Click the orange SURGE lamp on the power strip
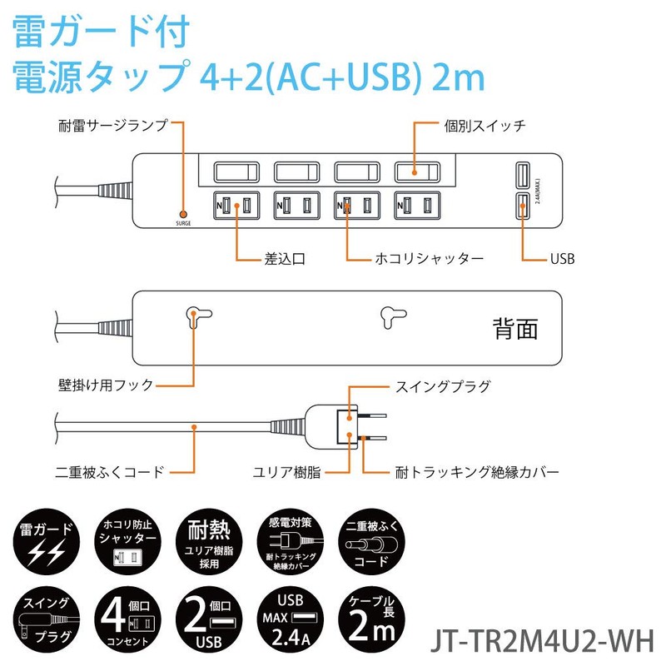click(183, 213)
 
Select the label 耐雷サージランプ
click(113, 127)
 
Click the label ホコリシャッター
click(429, 259)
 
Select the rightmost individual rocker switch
click(416, 171)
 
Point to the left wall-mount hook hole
click(192, 315)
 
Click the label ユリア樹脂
click(287, 471)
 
